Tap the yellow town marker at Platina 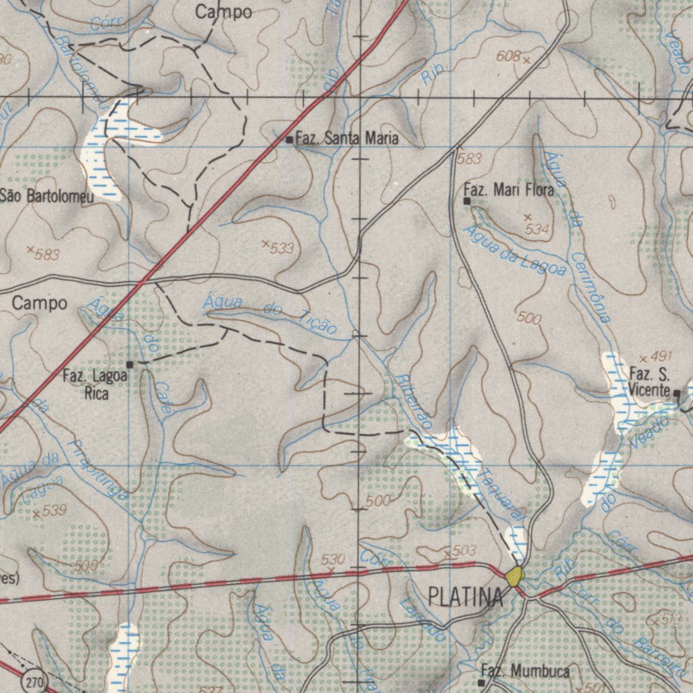coord(514,576)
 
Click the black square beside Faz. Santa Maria coord(290,140)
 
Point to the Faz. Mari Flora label coord(508,190)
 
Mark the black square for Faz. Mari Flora coord(467,201)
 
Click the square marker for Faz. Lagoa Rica coord(130,364)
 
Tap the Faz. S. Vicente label coord(649,381)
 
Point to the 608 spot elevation coord(508,58)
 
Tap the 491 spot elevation coord(660,357)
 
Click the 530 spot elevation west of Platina coord(333,559)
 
